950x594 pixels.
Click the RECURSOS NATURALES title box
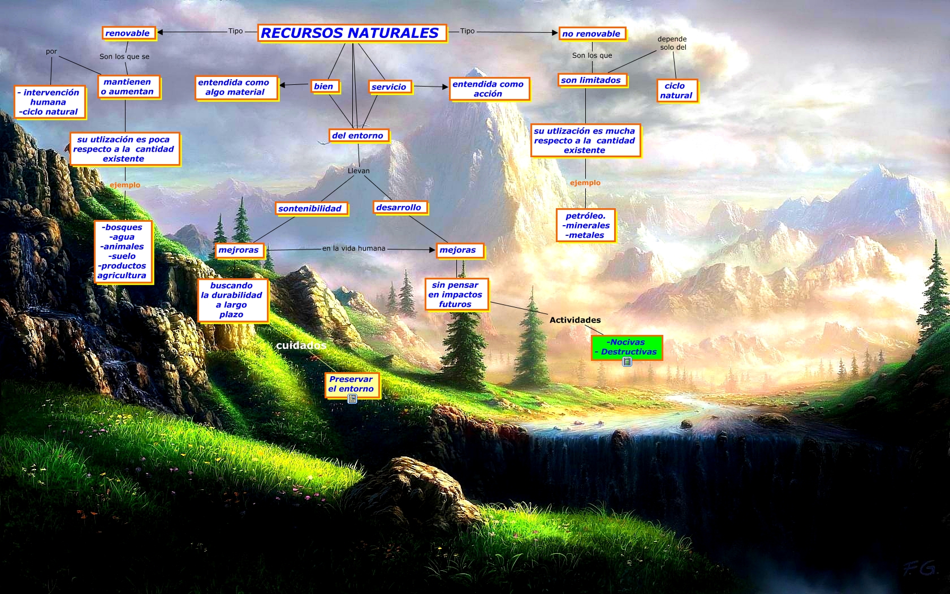pyautogui.click(x=351, y=33)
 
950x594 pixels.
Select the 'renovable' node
pyautogui.click(x=127, y=33)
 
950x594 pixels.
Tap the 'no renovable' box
pyautogui.click(x=591, y=34)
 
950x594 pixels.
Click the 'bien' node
pyautogui.click(x=324, y=87)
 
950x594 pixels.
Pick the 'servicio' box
pyautogui.click(x=389, y=87)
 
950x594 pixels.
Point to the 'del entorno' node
pyautogui.click(x=358, y=136)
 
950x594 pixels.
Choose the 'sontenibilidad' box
pyautogui.click(x=310, y=209)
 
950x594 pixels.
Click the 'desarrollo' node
pyautogui.click(x=399, y=208)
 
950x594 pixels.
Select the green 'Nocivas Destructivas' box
pyautogui.click(x=626, y=347)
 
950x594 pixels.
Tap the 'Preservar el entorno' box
pyautogui.click(x=351, y=384)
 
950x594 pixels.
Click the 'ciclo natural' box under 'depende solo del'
pyautogui.click(x=676, y=91)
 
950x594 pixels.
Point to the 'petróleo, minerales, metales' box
pyautogui.click(x=586, y=225)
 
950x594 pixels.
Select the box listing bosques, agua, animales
pyautogui.click(x=123, y=251)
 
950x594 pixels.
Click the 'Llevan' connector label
pyautogui.click(x=359, y=171)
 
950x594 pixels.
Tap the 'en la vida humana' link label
pyautogui.click(x=354, y=248)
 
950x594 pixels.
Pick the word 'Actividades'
pyautogui.click(x=575, y=320)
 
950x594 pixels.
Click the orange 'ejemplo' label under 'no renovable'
pyautogui.click(x=585, y=183)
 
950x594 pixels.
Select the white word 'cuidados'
pyautogui.click(x=301, y=346)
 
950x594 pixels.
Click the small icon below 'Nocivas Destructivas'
pyautogui.click(x=627, y=362)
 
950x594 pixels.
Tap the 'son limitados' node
pyautogui.click(x=591, y=80)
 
